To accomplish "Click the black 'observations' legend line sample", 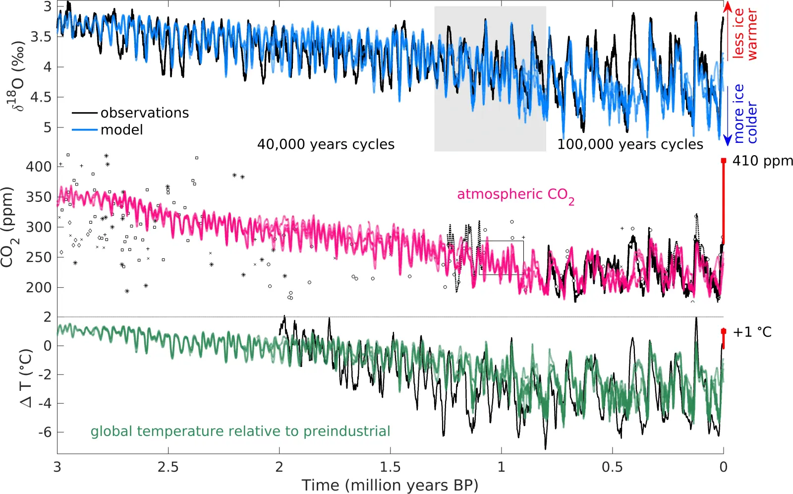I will (84, 113).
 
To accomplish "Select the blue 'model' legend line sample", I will (84, 130).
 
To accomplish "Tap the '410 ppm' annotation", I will (762, 161).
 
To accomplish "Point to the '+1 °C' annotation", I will (752, 332).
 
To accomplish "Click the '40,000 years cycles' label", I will (326, 144).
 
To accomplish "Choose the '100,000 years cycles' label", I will (630, 144).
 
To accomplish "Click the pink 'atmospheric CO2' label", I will (515, 194).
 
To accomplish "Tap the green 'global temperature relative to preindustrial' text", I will (240, 431).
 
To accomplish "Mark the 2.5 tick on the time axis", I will (168, 467).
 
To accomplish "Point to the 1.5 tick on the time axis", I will (390, 467).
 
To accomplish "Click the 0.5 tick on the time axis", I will (612, 467).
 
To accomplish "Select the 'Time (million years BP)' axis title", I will (390, 485).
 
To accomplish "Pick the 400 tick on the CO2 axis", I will (39, 167).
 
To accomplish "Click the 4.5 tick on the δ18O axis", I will (41, 97).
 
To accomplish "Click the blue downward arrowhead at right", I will (727, 141).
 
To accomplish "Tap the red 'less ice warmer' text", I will (745, 34).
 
